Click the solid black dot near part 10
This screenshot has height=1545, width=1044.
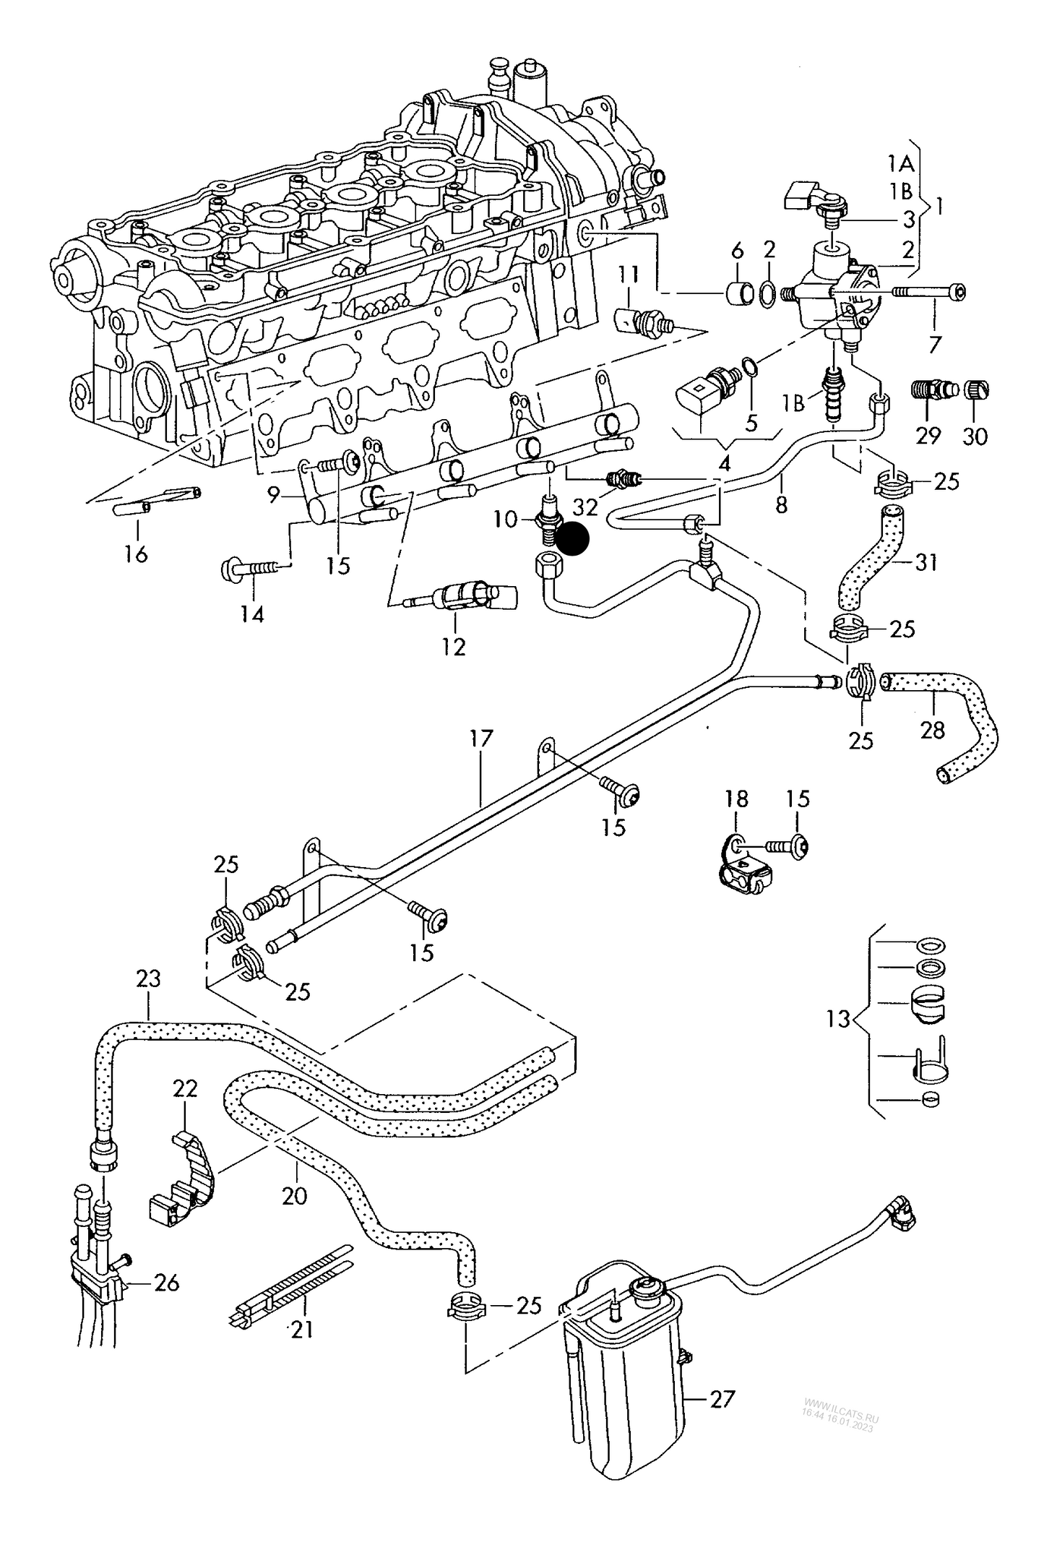pyautogui.click(x=575, y=539)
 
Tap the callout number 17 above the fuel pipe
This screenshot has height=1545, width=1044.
pyautogui.click(x=480, y=738)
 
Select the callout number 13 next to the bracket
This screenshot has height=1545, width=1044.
pyautogui.click(x=838, y=1019)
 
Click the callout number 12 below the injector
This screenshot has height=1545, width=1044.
pyautogui.click(x=454, y=647)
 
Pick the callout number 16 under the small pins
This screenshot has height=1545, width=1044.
pyautogui.click(x=136, y=554)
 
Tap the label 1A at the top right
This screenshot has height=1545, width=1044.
pyautogui.click(x=901, y=164)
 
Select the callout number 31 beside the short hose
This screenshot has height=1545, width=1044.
pyautogui.click(x=926, y=561)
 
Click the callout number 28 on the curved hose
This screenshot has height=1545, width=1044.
pyautogui.click(x=933, y=730)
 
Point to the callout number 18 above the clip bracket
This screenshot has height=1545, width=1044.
pyautogui.click(x=736, y=799)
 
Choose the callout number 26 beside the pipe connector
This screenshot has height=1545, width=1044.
pyautogui.click(x=167, y=1283)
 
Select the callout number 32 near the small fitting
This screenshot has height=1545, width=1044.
pyautogui.click(x=586, y=507)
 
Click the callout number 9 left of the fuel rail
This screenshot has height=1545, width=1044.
pyautogui.click(x=273, y=495)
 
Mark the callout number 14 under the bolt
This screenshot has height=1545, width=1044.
pyautogui.click(x=252, y=614)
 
